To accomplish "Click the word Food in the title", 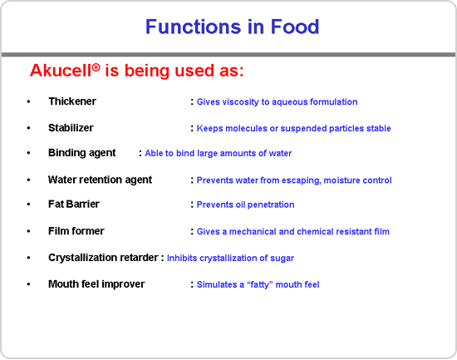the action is click(x=295, y=27).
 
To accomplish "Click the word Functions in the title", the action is click(x=193, y=27).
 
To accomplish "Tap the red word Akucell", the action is click(x=61, y=71).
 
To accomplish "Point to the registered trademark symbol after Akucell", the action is click(x=96, y=67).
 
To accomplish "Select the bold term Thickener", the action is click(x=72, y=101).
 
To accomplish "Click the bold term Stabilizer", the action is click(x=71, y=128).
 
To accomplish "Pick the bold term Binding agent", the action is click(x=82, y=153).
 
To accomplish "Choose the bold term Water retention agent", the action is click(x=100, y=180).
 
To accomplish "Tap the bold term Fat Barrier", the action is click(x=74, y=205).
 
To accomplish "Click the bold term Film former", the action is click(x=76, y=231).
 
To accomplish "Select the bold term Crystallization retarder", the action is click(x=103, y=258).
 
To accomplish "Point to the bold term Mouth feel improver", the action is click(x=96, y=284).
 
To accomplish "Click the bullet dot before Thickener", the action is click(x=28, y=101).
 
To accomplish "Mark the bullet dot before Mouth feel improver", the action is click(x=28, y=284).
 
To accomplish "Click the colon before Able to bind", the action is click(x=140, y=153).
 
